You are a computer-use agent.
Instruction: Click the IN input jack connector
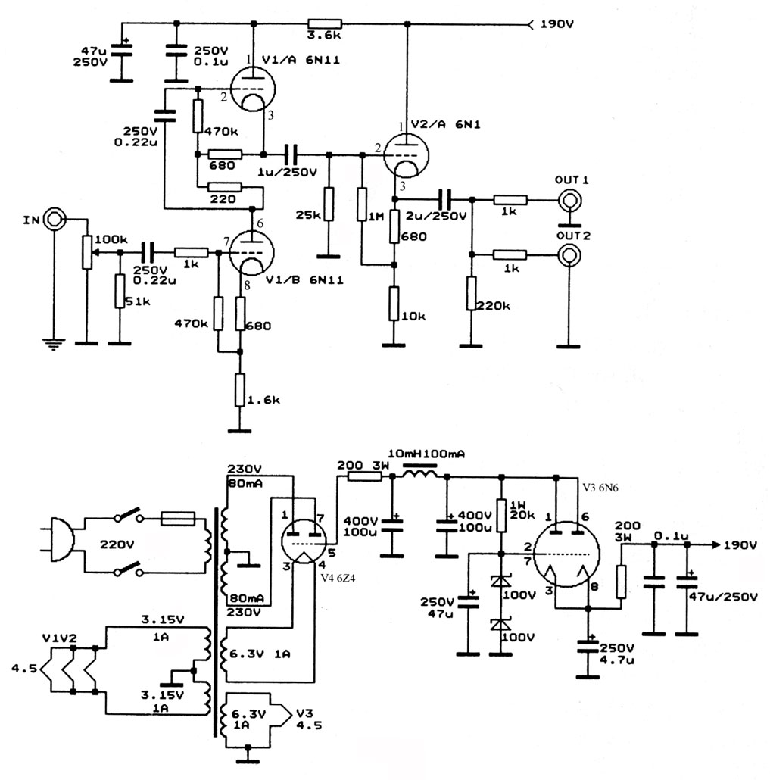coord(54,219)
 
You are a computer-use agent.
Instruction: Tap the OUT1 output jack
coord(569,201)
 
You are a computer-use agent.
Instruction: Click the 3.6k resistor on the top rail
coord(324,24)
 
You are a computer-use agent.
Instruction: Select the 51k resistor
coord(119,292)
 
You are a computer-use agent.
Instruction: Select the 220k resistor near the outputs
coord(471,295)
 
